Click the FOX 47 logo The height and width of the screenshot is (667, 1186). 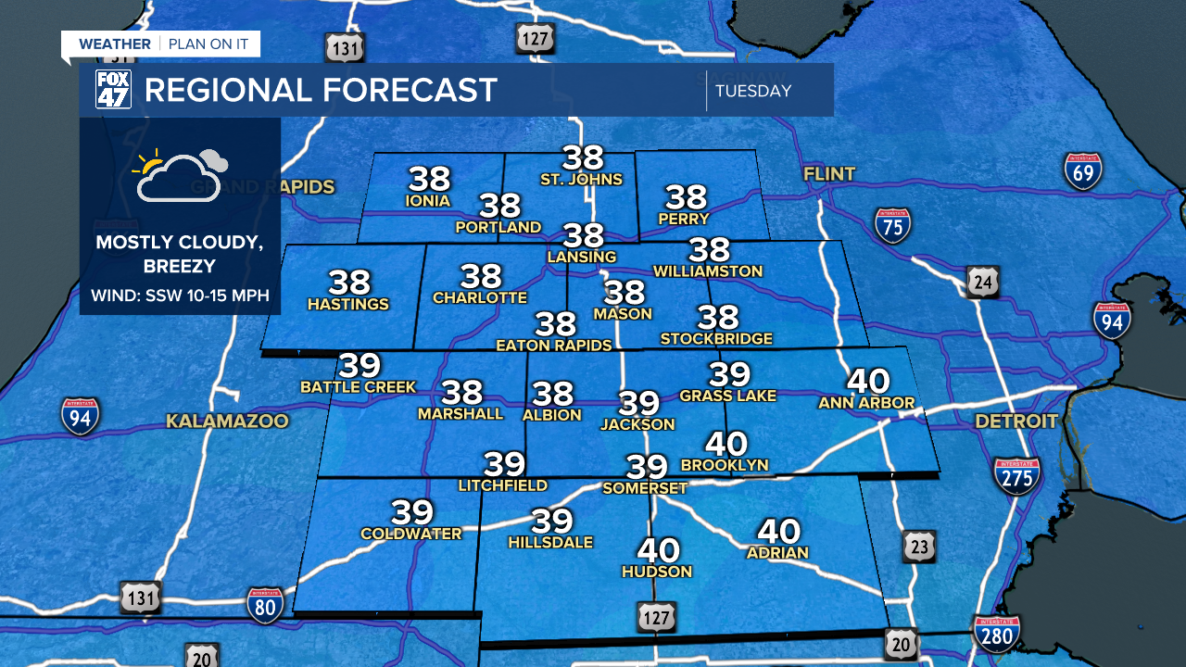(113, 90)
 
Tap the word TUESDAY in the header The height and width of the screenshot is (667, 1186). (753, 91)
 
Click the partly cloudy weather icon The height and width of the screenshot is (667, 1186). (181, 174)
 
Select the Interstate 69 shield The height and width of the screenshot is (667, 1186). (1082, 171)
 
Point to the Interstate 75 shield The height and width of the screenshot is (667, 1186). (892, 225)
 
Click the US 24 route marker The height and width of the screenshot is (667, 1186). (983, 282)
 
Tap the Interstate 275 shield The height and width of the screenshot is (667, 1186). (1016, 475)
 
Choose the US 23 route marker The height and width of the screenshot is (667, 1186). (918, 547)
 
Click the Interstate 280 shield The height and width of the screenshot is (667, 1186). (997, 635)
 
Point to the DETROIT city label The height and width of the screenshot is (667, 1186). (1016, 422)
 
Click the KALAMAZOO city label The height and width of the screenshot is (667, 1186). (227, 422)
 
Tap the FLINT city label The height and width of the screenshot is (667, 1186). (829, 173)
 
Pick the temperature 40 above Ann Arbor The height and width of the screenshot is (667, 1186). (867, 381)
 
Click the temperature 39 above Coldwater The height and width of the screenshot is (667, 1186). (412, 511)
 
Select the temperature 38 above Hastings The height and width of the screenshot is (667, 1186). (348, 282)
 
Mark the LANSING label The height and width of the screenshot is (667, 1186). (582, 256)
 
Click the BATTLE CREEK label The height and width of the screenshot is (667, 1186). (359, 386)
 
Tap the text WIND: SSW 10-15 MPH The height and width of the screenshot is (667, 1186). (180, 296)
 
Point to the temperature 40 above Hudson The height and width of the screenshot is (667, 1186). (658, 550)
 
